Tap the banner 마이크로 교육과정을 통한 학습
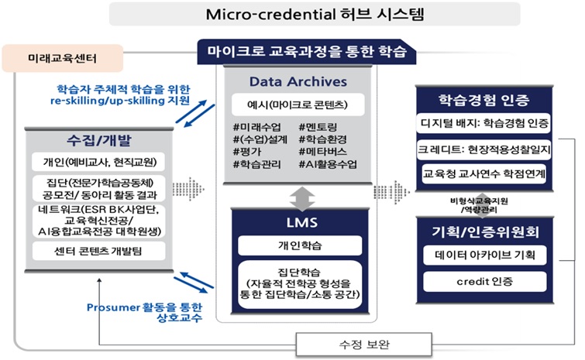(307, 51)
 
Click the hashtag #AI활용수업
(329, 165)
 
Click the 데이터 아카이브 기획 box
(485, 254)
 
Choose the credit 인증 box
(485, 280)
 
